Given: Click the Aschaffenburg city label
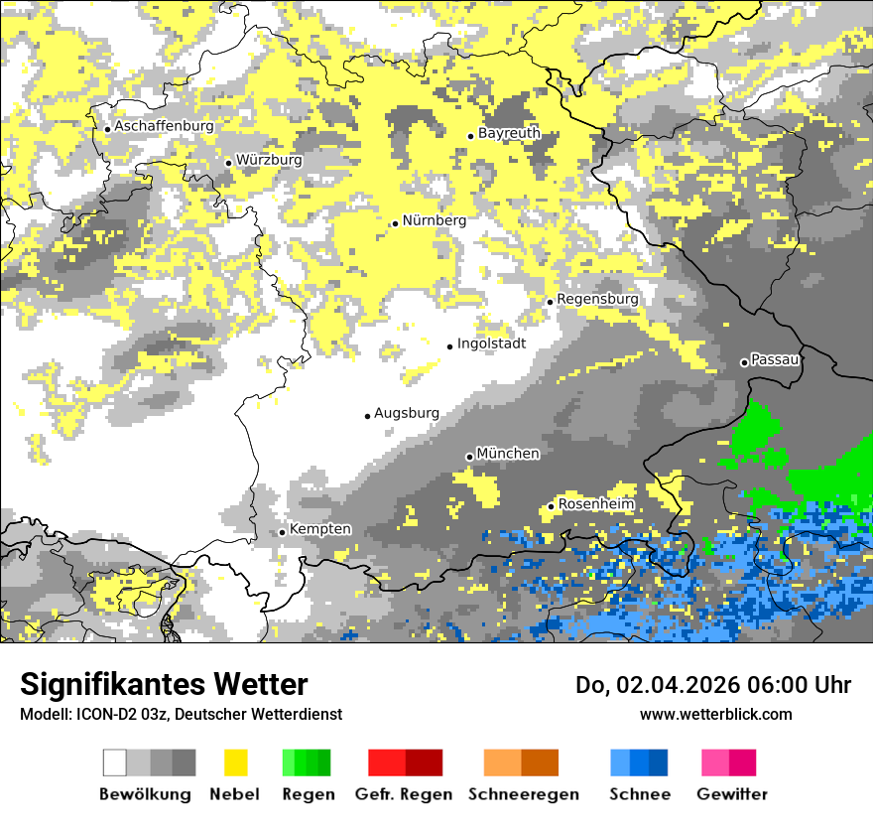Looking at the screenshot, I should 164,126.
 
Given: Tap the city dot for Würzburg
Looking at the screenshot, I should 228,163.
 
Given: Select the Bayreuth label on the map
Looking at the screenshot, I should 509,132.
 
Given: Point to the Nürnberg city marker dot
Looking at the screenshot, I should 395,223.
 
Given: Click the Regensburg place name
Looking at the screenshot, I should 597,298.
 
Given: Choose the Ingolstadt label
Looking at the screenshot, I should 491,343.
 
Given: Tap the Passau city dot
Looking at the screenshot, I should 744,362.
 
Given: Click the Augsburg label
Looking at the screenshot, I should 406,413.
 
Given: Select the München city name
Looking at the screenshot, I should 508,453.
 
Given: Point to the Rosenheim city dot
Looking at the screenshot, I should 551,506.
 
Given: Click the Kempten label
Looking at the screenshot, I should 319,529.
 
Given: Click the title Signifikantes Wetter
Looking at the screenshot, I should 164,684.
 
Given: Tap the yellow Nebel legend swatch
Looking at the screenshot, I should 235,762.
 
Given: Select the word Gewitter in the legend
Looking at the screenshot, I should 731,794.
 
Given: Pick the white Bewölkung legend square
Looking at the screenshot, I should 115,762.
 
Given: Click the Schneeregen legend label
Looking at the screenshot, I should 523,794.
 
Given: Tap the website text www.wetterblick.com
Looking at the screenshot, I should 715,714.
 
